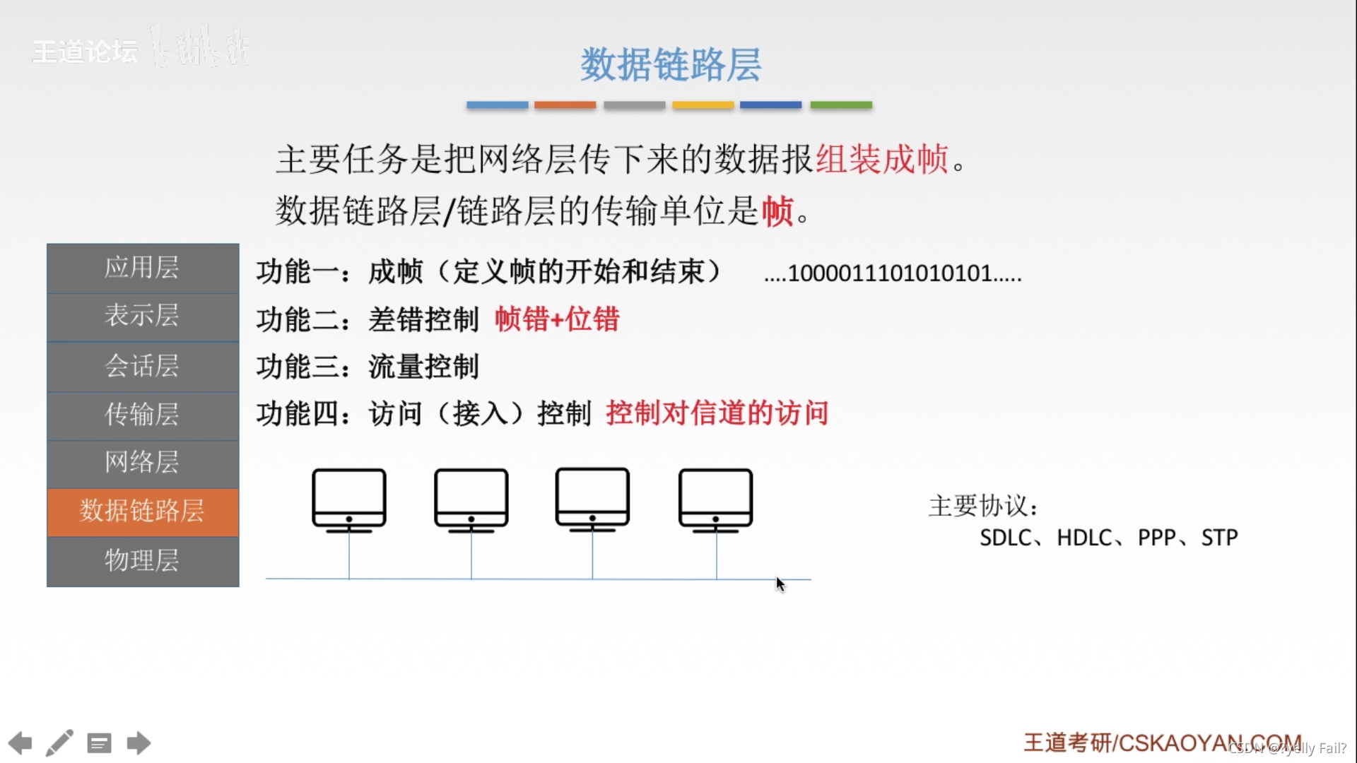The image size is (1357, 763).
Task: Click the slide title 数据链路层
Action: click(670, 64)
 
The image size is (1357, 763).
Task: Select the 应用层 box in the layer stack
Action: click(143, 268)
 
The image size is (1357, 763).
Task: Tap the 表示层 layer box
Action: click(143, 316)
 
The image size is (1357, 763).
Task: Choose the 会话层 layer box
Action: click(143, 366)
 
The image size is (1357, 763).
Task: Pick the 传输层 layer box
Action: click(143, 415)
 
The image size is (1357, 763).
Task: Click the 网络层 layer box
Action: click(143, 463)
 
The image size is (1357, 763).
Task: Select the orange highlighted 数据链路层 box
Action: click(143, 511)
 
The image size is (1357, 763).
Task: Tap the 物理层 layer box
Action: click(143, 560)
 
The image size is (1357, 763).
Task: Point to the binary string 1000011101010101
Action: click(892, 273)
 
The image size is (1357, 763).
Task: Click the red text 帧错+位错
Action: click(556, 319)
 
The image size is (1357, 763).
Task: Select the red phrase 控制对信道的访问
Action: click(717, 413)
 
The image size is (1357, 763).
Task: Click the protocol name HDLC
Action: click(1084, 538)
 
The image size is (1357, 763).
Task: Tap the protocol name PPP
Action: click(1157, 538)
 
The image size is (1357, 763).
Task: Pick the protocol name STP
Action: click(1219, 538)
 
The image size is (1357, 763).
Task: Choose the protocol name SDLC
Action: click(1005, 538)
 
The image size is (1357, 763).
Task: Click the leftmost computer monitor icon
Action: click(349, 499)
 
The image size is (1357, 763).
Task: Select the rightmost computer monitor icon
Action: click(715, 499)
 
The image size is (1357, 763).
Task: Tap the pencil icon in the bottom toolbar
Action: click(59, 743)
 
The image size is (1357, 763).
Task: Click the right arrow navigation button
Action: click(139, 743)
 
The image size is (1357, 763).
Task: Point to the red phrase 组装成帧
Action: click(881, 159)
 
